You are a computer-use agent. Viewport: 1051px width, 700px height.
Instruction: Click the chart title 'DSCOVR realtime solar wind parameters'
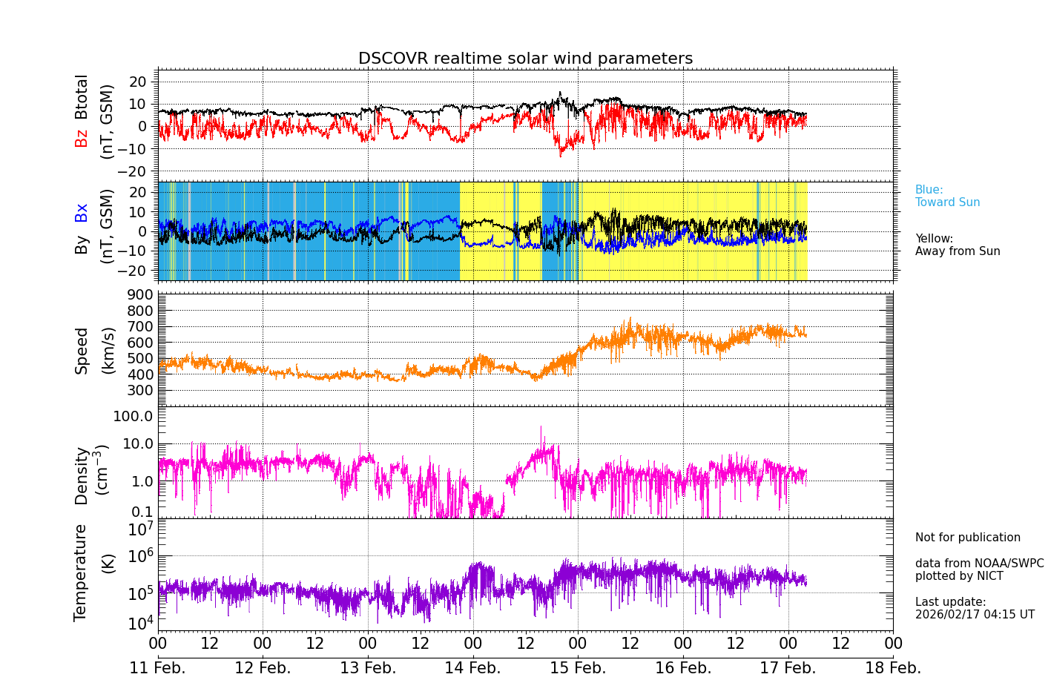525,59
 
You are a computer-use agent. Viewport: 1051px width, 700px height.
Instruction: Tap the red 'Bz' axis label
81,138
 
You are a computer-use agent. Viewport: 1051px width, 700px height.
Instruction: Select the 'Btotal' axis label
81,96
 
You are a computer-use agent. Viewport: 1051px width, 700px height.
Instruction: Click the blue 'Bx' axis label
81,212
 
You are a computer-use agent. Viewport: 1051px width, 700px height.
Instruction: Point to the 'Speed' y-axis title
81,350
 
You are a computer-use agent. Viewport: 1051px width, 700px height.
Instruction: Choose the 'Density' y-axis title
81,475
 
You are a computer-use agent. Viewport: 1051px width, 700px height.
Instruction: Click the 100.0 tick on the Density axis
133,416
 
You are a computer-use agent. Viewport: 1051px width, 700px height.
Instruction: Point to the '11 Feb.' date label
157,668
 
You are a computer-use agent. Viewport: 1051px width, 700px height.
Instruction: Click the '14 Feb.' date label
472,668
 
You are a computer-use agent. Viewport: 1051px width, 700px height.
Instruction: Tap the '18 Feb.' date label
893,668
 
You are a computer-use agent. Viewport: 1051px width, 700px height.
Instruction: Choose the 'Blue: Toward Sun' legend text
947,197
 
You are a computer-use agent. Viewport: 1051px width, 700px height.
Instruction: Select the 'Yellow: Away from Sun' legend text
957,245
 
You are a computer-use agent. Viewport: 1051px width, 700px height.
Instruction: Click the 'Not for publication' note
967,538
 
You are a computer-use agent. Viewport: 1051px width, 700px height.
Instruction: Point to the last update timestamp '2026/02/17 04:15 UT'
975,615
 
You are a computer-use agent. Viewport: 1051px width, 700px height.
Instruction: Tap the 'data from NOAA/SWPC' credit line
979,564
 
